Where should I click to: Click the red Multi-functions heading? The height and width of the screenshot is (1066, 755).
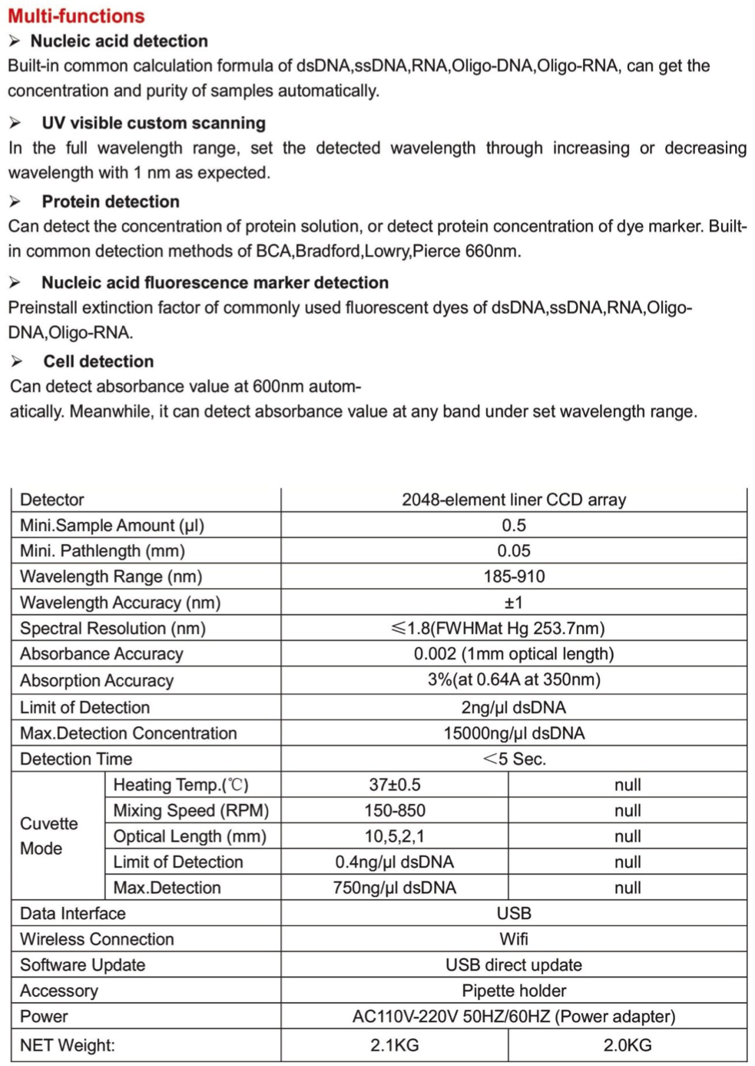(x=76, y=16)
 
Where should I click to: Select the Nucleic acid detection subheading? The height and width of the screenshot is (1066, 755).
(x=119, y=42)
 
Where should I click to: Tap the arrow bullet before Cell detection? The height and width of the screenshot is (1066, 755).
(x=16, y=361)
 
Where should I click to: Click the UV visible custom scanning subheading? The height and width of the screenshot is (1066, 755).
(x=154, y=123)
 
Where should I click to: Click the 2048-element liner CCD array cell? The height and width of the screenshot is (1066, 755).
(x=514, y=500)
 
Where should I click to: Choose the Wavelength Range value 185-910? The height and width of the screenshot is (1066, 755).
(x=514, y=576)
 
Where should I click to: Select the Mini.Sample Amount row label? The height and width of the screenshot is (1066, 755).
(x=112, y=526)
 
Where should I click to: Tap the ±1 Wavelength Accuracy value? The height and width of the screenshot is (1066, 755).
(x=514, y=603)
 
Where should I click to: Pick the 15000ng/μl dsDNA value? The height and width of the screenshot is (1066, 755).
(x=514, y=733)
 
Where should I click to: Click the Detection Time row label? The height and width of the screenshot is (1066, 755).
(x=76, y=759)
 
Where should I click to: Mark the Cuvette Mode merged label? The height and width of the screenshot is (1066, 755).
(x=49, y=836)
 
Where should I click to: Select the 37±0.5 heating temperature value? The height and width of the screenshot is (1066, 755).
(x=395, y=785)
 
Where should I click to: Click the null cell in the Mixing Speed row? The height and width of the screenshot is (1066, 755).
(x=628, y=811)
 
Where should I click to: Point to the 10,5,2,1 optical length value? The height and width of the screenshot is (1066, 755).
(x=395, y=836)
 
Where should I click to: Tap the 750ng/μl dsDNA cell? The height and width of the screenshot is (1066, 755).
(x=395, y=888)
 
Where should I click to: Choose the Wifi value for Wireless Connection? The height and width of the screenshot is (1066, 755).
(x=514, y=939)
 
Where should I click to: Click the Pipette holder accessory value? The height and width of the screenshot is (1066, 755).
(x=514, y=991)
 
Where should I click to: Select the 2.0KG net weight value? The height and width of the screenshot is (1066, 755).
(x=628, y=1045)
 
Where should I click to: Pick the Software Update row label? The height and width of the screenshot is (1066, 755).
(x=83, y=965)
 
